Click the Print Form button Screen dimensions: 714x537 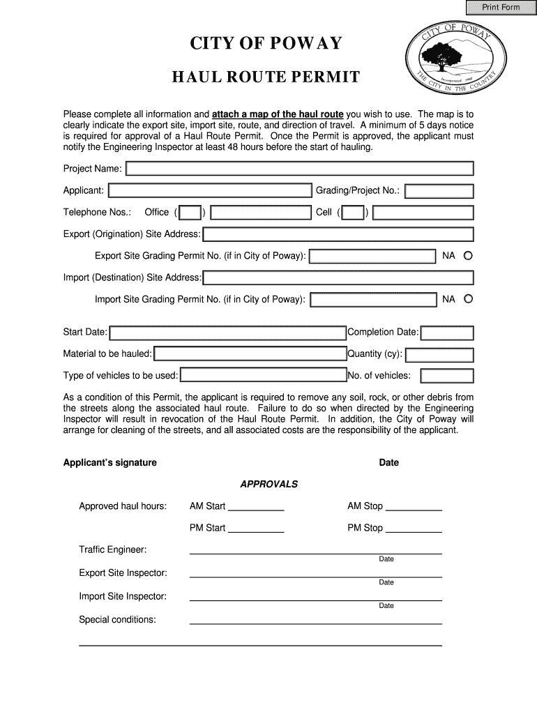click(x=501, y=8)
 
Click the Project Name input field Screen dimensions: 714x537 click(x=299, y=169)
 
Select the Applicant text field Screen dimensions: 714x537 click(x=210, y=191)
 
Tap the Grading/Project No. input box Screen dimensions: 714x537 click(x=439, y=191)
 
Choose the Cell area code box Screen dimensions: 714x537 click(x=353, y=213)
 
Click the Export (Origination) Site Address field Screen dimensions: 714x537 click(x=338, y=234)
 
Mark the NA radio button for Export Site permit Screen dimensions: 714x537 click(x=468, y=256)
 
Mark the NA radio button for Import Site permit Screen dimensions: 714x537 click(x=468, y=299)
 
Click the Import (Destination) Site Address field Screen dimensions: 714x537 click(x=338, y=278)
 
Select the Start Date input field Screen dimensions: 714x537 click(x=227, y=333)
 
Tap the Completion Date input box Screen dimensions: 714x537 click(x=447, y=333)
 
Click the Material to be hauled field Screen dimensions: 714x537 click(x=250, y=354)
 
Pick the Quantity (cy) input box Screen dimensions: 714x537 click(x=439, y=355)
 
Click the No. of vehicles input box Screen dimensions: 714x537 click(x=447, y=377)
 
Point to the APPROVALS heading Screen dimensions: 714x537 click(x=269, y=484)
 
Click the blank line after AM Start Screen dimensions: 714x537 click(x=256, y=508)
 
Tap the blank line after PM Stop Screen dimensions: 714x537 click(x=414, y=529)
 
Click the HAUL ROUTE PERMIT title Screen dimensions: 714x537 click(x=266, y=77)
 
